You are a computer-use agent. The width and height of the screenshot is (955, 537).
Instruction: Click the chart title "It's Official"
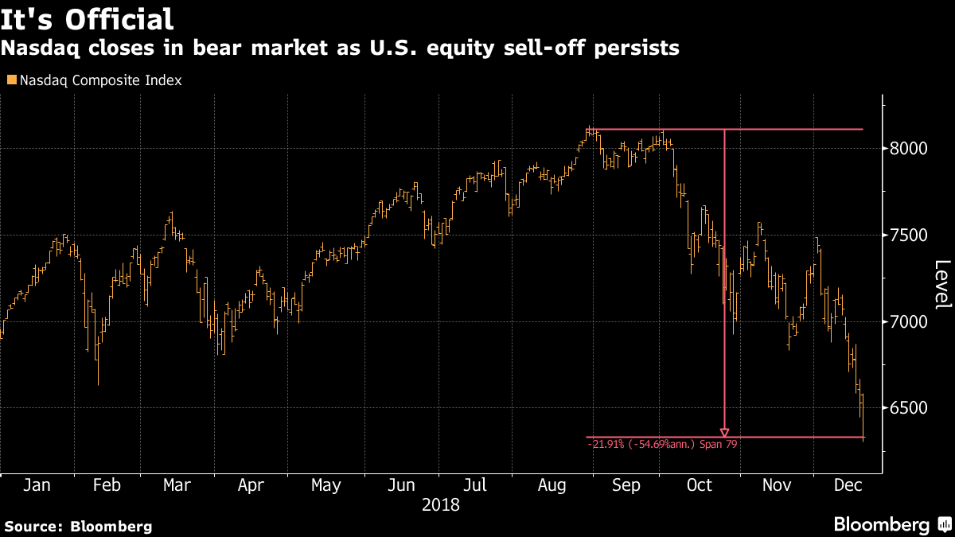[87, 20]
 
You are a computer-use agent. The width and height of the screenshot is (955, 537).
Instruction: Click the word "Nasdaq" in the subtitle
[40, 49]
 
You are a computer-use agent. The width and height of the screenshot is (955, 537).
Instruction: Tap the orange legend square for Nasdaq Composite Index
[12, 80]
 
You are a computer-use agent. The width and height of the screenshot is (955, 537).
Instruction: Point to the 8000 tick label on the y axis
[909, 149]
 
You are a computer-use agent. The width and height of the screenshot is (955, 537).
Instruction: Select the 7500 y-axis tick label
[909, 235]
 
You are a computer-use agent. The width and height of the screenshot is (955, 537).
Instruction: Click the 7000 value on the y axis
[909, 321]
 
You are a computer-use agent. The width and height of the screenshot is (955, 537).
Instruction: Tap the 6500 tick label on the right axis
[909, 408]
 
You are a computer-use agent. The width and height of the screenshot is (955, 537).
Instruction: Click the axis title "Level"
[942, 284]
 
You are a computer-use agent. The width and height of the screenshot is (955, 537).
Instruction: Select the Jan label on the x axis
[37, 485]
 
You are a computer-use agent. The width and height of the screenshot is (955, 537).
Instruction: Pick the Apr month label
[251, 485]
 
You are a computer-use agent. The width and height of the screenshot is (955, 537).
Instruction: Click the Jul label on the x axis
[474, 485]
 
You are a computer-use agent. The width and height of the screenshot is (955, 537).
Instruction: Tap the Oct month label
[700, 485]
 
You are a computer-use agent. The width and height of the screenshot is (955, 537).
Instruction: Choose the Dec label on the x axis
[848, 485]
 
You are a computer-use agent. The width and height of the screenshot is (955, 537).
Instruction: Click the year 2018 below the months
[440, 505]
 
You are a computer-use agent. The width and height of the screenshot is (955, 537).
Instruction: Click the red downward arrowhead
[724, 433]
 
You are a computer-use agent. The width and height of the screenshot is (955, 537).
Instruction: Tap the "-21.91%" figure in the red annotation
[606, 445]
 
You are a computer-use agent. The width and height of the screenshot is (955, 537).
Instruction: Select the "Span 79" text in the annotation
[719, 445]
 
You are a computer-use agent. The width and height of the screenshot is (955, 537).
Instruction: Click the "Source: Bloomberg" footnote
[79, 527]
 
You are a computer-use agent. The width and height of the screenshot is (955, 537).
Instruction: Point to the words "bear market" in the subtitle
[260, 49]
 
